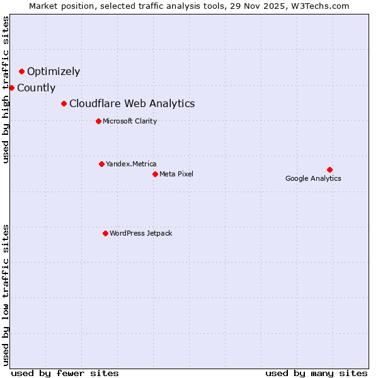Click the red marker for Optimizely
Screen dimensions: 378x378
tap(21, 72)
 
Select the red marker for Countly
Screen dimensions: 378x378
tap(11, 88)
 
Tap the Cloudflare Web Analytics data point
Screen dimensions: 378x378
tap(64, 103)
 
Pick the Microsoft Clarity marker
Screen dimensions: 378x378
tap(98, 121)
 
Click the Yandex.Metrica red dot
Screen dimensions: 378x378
tap(101, 164)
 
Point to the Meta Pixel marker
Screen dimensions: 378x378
tap(155, 174)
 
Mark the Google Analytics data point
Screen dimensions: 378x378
tap(329, 169)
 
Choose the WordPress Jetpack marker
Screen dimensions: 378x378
tap(105, 233)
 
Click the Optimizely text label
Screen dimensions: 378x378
tap(54, 72)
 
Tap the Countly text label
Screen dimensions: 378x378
tap(37, 88)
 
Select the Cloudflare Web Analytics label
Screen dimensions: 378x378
tap(132, 104)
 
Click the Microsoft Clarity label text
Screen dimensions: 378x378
tap(130, 122)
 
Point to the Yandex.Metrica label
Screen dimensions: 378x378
tap(131, 164)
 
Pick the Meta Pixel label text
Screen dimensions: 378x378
tap(176, 175)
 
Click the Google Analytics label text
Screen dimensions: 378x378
tap(313, 178)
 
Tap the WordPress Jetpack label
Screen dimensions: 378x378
tap(140, 234)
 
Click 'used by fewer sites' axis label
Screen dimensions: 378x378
tap(65, 373)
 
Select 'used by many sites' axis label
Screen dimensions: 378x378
tap(316, 373)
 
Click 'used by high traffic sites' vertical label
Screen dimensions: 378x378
tap(6, 89)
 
